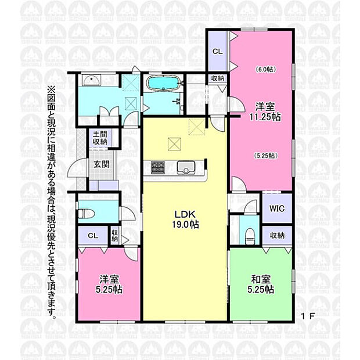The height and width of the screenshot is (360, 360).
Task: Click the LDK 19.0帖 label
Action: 185,219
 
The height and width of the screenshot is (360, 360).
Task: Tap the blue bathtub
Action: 163,83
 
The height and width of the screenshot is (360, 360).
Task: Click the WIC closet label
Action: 277,208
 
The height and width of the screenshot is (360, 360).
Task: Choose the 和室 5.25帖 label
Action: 261,285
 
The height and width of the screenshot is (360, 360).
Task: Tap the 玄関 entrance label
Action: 101,164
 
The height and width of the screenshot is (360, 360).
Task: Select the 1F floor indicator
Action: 308,316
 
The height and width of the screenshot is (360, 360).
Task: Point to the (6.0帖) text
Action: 265,69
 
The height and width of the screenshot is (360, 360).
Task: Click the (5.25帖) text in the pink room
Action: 266,156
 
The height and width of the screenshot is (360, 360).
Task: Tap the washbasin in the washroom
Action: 91,81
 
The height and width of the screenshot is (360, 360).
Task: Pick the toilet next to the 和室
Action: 250,236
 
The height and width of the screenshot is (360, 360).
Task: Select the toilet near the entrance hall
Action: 87,214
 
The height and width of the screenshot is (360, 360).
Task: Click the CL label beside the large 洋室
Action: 217,52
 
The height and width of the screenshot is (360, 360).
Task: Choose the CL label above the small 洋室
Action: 93,236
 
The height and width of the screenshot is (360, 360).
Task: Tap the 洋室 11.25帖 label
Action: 265,112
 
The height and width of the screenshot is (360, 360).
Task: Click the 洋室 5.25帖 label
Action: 109,285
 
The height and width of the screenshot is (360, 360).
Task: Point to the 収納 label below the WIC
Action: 277,235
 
